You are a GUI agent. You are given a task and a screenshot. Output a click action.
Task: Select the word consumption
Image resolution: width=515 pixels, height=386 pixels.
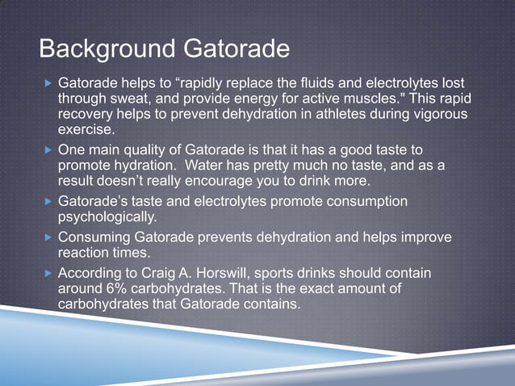coord(366,201)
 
